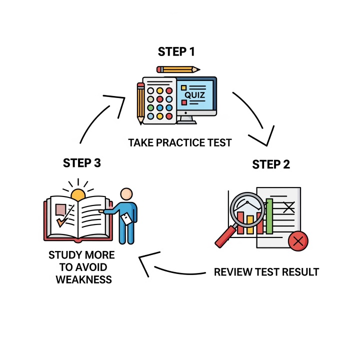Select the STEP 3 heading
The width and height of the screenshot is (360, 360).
click(82, 163)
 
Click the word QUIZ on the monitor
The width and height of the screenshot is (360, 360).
click(194, 95)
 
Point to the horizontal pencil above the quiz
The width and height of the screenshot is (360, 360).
click(178, 69)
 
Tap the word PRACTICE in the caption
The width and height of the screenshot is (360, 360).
click(179, 143)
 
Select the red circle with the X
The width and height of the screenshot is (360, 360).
click(298, 242)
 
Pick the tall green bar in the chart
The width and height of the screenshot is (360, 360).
click(269, 216)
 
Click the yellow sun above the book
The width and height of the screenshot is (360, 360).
click(78, 194)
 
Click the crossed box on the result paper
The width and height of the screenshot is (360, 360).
click(288, 206)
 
